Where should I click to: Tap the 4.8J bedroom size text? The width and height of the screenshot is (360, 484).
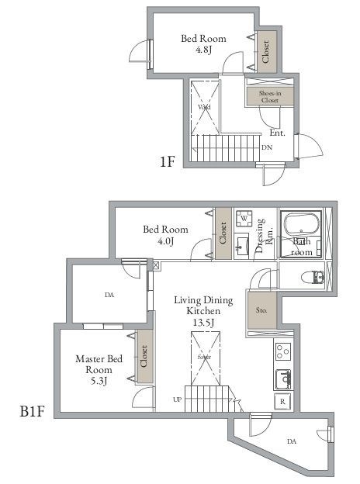(x=204, y=50)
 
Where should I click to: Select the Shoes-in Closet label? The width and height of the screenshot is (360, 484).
(x=269, y=95)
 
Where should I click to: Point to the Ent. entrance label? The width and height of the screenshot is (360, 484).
(x=278, y=133)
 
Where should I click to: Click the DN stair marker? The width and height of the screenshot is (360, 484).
(x=266, y=147)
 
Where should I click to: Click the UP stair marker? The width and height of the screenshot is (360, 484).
(x=178, y=399)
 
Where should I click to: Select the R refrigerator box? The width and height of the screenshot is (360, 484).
(x=282, y=402)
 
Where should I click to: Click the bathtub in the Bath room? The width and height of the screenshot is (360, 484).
(x=302, y=226)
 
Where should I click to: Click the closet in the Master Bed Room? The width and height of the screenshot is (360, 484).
(x=144, y=357)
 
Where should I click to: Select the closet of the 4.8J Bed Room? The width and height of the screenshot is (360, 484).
(x=265, y=52)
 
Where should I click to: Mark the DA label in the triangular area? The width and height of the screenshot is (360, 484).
(x=292, y=441)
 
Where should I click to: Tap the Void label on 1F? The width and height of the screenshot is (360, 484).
(x=204, y=108)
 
